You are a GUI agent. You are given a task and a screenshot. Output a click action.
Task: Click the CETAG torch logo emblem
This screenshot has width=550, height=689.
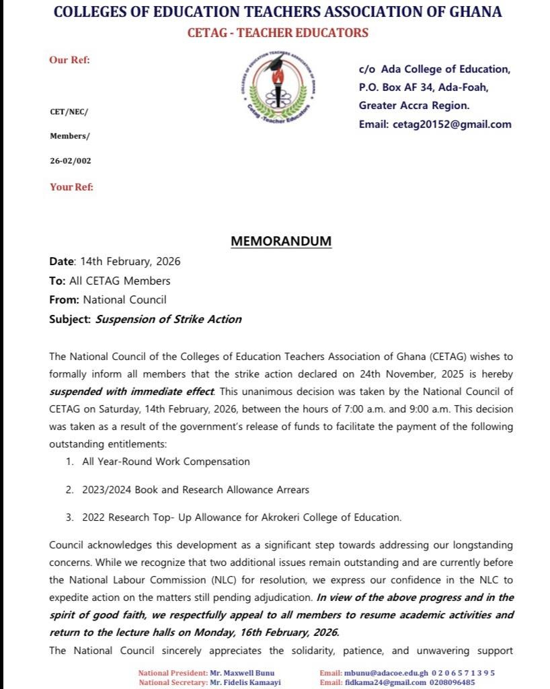(x=276, y=85)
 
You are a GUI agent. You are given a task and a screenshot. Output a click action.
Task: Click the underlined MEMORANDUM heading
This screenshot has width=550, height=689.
(x=281, y=241)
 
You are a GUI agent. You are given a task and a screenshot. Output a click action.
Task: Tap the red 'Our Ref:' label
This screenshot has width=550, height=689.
(x=69, y=60)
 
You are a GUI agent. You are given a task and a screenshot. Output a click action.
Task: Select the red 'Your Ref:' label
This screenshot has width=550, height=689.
(x=71, y=187)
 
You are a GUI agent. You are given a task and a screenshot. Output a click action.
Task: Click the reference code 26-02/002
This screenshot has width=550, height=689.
(x=70, y=161)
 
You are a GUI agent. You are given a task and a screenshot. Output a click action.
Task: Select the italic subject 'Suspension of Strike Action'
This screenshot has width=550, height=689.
(x=168, y=319)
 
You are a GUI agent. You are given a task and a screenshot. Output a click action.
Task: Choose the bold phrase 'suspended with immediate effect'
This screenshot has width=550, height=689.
(x=132, y=391)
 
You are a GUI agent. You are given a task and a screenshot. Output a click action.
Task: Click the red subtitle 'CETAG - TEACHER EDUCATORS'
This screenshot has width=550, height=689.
(x=278, y=33)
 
